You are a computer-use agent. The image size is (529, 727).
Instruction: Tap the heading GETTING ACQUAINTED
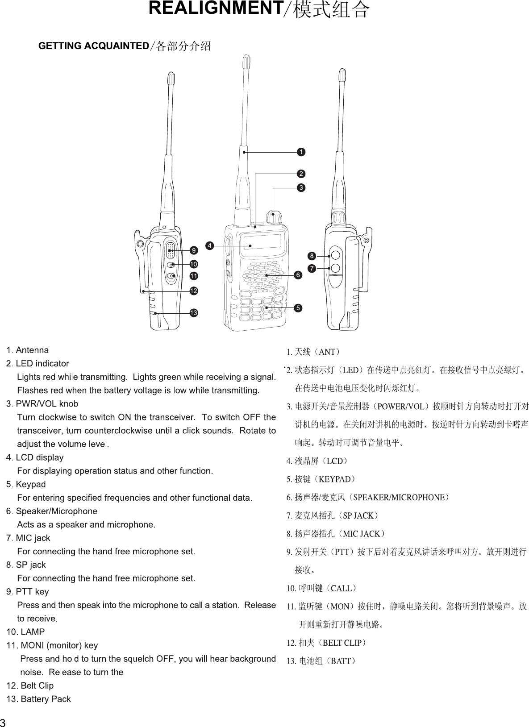pos(93,46)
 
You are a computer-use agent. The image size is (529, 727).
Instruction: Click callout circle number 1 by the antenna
pos(302,152)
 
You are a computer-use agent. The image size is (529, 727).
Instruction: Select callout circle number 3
pos(302,188)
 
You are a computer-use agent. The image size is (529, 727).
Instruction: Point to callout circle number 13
pos(194,312)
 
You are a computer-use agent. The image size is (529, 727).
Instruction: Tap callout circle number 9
pos(194,249)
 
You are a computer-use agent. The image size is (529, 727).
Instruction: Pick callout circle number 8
pos(312,256)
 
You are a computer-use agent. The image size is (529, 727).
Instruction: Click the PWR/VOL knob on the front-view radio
pos(274,217)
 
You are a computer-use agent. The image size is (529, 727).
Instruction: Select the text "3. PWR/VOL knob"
pos(42,404)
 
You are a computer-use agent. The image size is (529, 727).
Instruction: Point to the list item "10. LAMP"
pos(25,632)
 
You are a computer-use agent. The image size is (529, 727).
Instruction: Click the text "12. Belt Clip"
pos(30,685)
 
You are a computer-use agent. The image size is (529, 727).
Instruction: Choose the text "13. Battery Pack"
pos(38,699)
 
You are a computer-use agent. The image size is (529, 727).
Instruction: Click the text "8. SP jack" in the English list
pos(26,565)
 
